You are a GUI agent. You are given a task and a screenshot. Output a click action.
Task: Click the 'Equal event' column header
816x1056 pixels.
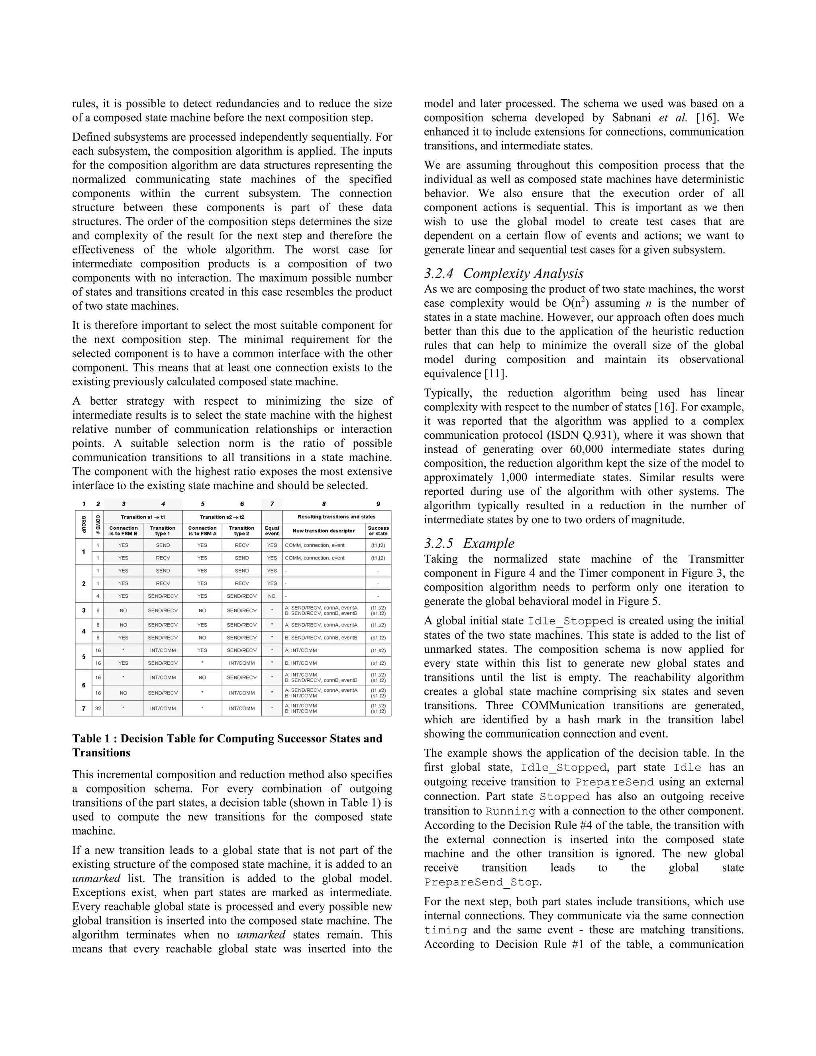point(272,531)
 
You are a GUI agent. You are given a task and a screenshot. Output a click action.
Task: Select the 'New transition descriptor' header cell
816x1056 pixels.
point(324,531)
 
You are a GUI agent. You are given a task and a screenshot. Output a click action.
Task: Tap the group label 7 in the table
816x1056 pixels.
point(84,709)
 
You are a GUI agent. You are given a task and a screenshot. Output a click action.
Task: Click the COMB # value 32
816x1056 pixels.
point(98,709)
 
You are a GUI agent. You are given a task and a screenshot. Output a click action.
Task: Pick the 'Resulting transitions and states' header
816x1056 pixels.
point(336,517)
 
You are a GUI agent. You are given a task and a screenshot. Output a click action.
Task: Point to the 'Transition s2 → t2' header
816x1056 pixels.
point(222,517)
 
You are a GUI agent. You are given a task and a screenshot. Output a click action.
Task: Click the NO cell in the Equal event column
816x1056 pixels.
point(272,596)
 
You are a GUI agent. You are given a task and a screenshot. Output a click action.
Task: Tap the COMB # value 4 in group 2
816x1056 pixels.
point(98,596)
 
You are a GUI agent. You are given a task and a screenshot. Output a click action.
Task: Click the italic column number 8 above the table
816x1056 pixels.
point(324,504)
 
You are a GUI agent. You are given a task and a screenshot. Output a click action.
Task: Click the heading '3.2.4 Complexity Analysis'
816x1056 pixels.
point(503,274)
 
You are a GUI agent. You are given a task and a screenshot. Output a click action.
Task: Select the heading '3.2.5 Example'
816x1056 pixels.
point(469,544)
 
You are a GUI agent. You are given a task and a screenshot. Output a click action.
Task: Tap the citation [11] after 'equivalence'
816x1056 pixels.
point(494,374)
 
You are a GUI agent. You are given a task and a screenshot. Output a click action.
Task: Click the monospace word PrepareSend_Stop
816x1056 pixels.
point(481,882)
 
